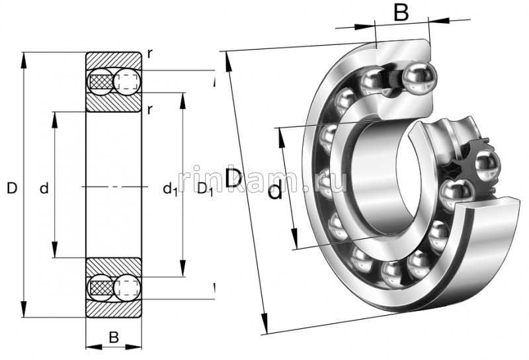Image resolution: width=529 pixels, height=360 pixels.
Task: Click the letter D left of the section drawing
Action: [11, 189]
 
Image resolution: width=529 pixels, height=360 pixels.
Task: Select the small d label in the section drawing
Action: [44, 189]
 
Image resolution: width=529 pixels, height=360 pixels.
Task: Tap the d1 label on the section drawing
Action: [170, 190]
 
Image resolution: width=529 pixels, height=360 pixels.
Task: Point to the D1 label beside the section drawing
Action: [205, 190]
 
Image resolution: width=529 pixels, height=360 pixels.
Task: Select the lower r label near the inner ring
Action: [150, 109]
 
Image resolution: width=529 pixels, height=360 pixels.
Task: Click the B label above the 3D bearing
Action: [401, 12]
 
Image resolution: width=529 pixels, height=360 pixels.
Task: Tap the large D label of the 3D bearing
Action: [233, 178]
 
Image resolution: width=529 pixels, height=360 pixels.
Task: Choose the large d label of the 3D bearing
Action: [275, 192]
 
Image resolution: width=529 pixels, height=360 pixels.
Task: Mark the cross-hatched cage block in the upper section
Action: [101, 81]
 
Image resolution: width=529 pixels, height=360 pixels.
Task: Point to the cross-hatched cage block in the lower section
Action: [101, 289]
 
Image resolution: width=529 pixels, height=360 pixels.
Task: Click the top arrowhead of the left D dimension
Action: [25, 56]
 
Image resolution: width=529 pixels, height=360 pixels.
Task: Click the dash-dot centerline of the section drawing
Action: [114, 189]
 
